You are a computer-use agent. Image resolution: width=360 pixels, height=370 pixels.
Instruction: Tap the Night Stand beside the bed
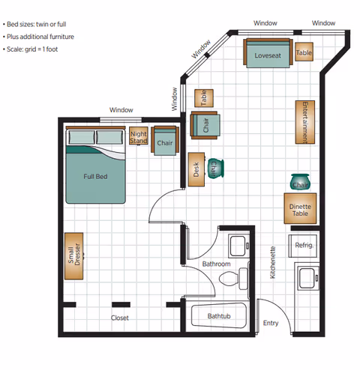click(139, 137)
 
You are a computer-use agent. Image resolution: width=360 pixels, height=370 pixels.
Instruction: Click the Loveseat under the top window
click(267, 53)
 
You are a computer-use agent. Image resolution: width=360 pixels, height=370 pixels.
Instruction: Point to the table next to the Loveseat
click(304, 52)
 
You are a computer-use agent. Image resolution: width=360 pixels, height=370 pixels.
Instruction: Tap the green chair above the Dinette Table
click(300, 182)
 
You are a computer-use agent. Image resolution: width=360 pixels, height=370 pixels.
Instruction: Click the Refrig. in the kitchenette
click(304, 245)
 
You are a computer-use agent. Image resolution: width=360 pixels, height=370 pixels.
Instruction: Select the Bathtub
click(218, 316)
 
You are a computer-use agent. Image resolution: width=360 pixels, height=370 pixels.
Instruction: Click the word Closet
click(119, 318)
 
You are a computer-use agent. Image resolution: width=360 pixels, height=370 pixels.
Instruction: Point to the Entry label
click(271, 324)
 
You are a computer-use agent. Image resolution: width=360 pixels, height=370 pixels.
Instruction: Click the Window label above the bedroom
click(121, 110)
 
